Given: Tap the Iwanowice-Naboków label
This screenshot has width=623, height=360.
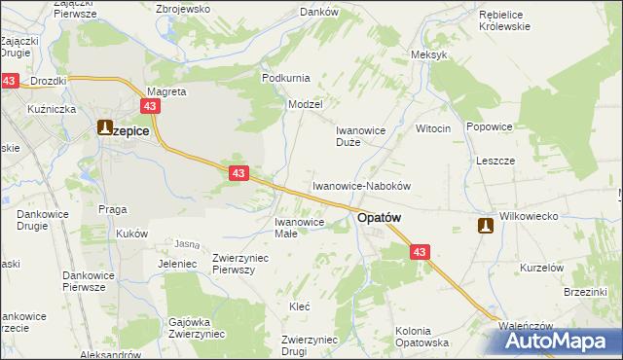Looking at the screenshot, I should [x=362, y=185].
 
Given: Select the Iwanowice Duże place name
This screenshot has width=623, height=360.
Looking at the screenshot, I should [x=361, y=135].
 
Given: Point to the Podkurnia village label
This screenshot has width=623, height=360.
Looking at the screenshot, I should [x=285, y=77].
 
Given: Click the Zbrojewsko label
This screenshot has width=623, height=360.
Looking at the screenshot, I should [x=184, y=8].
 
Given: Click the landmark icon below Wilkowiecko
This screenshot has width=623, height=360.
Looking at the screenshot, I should [x=485, y=226].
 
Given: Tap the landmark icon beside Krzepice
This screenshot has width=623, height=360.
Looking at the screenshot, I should [x=105, y=126].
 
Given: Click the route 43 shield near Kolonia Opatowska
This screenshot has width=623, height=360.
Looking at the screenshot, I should [x=419, y=252].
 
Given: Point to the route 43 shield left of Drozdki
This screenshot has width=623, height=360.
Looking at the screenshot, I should [x=10, y=81].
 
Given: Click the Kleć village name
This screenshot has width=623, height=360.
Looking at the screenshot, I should [x=300, y=306].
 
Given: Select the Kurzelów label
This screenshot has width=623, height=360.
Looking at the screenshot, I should [x=542, y=268].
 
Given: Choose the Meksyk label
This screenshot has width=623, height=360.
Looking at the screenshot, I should [x=429, y=54].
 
